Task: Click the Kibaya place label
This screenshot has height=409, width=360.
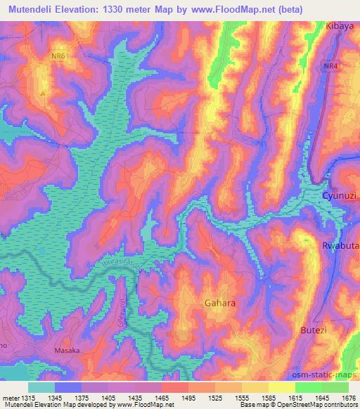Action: click(340, 25)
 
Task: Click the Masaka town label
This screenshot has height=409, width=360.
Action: click(69, 349)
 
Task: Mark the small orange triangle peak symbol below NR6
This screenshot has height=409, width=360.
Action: click(44, 91)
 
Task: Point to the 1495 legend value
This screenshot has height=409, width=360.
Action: click(188, 397)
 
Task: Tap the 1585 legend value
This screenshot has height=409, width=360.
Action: click(268, 397)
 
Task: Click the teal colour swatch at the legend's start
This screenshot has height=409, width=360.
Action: click(41, 387)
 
